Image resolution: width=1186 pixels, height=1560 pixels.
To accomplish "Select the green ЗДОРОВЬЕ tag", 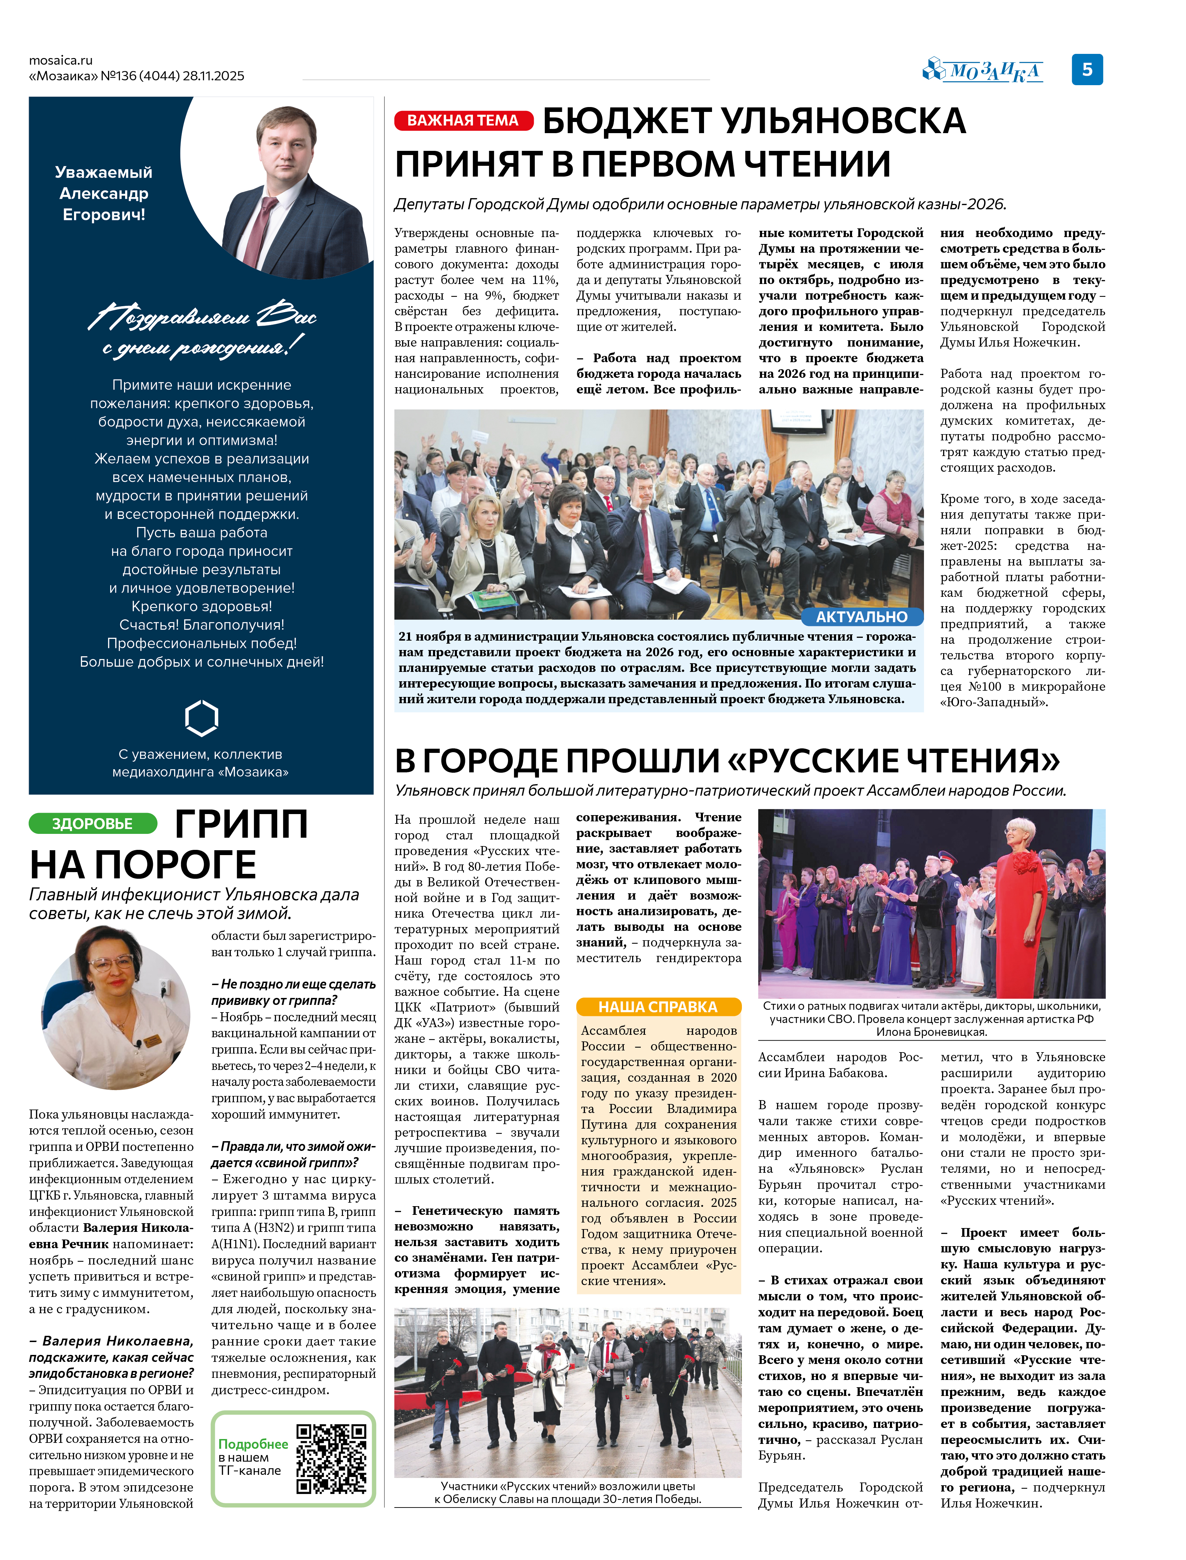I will (92, 823).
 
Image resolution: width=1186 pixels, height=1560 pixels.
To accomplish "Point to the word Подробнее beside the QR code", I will (253, 1444).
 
